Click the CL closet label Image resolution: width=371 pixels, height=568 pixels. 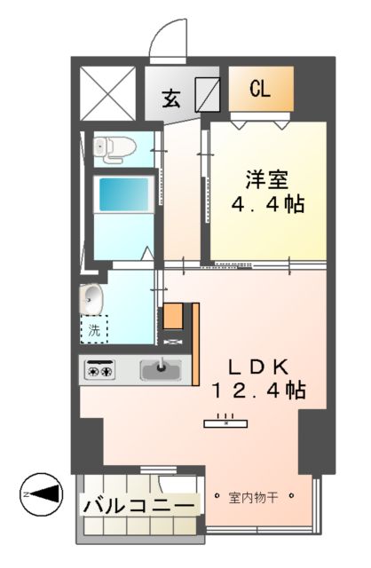click(x=259, y=89)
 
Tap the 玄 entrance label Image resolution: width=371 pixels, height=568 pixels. click(x=171, y=98)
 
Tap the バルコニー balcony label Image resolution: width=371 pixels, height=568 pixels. click(x=138, y=505)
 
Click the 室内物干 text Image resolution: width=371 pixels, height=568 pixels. click(x=253, y=497)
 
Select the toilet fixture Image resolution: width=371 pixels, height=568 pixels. click(x=110, y=150)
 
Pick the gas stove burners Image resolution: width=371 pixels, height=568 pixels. click(x=101, y=369)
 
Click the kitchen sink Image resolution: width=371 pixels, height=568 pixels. click(x=160, y=369)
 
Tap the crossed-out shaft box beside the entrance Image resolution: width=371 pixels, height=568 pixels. click(x=107, y=92)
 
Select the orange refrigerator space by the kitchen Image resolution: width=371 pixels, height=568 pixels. click(x=173, y=315)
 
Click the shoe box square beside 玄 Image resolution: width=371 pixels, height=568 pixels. click(x=208, y=93)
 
